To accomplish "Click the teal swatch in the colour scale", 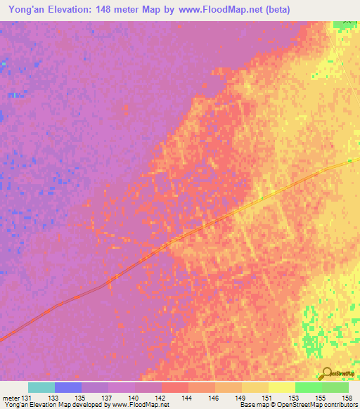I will pos(41,387).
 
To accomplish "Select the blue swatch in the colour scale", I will pos(68,387).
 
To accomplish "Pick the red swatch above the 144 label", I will pos(175,387).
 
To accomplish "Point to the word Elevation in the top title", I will pos(74,10).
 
